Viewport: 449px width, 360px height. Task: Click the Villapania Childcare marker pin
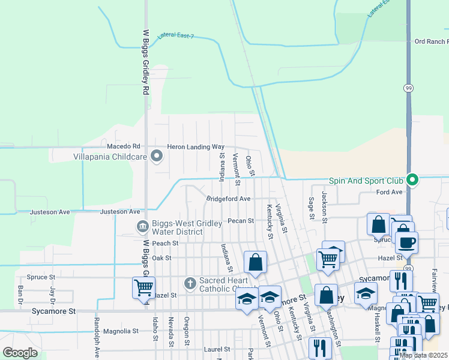(x=157, y=157)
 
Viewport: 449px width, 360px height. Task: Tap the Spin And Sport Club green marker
(x=412, y=180)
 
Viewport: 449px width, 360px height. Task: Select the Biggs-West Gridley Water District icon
(x=143, y=227)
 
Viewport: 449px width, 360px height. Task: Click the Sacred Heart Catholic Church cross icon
(x=190, y=283)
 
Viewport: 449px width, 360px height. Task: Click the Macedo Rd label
(x=123, y=146)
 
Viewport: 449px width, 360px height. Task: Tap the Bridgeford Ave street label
(x=228, y=199)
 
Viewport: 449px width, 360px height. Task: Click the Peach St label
(x=166, y=243)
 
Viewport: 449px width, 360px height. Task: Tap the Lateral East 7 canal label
(x=176, y=36)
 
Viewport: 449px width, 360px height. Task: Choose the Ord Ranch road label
(x=431, y=41)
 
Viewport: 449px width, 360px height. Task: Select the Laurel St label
(x=217, y=349)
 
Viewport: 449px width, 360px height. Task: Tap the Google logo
(x=20, y=353)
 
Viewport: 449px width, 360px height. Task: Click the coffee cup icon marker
(x=406, y=242)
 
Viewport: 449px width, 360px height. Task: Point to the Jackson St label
(x=324, y=207)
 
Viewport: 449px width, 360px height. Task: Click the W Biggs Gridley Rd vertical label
(x=145, y=63)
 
